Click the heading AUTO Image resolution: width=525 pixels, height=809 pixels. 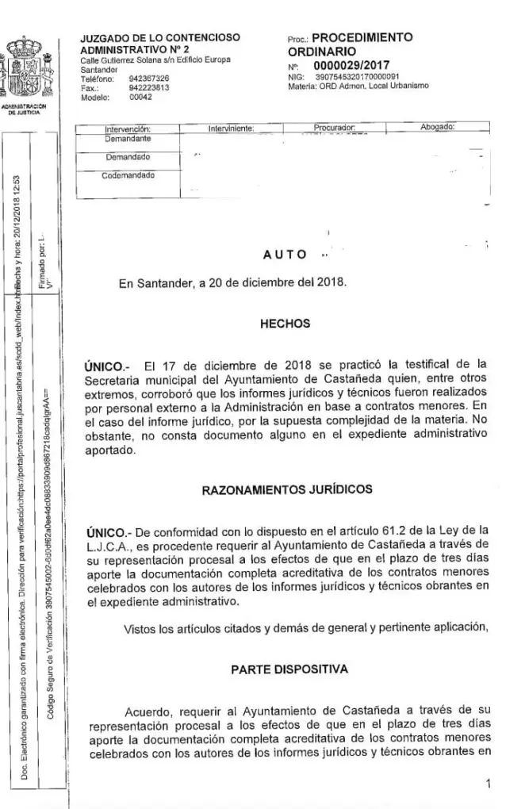[285, 254]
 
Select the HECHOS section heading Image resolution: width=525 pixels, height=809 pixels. [285, 324]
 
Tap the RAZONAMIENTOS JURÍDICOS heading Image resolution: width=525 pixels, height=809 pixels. [287, 489]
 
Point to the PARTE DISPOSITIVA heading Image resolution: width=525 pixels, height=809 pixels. [289, 669]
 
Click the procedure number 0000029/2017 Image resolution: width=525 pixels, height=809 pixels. [351, 65]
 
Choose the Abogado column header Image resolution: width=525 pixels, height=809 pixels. [437, 127]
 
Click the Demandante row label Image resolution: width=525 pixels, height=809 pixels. [128, 139]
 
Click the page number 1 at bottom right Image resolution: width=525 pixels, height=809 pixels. [489, 784]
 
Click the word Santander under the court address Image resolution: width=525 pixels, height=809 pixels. [99, 70]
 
